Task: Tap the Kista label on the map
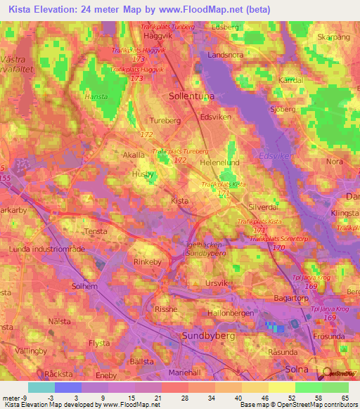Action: (x=180, y=200)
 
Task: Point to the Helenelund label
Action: (x=220, y=162)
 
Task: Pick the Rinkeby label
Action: (x=148, y=262)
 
